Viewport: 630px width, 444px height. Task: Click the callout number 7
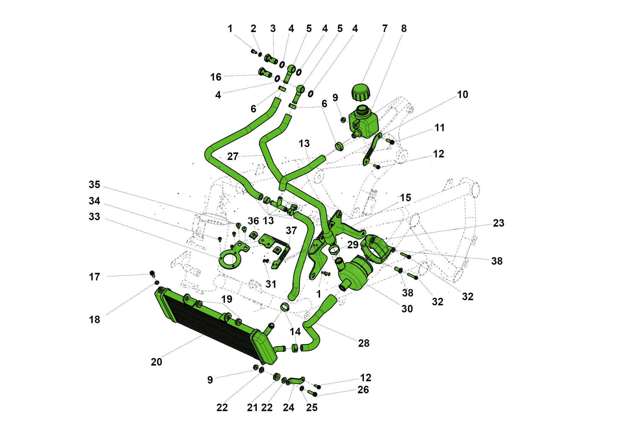pos(385,29)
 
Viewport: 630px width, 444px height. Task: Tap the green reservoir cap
pos(360,92)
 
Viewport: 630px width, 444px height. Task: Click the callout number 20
pos(156,362)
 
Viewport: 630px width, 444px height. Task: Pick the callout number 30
pos(407,309)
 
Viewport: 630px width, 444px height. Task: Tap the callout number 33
pos(94,217)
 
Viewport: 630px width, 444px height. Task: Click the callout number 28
pos(364,343)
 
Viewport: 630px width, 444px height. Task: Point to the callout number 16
pos(216,77)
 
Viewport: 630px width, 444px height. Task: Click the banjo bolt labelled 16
pos(265,72)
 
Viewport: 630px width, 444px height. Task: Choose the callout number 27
pos(233,156)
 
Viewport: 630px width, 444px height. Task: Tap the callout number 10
pos(462,94)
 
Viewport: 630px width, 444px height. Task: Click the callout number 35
pos(94,185)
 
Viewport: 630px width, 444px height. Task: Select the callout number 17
pos(94,277)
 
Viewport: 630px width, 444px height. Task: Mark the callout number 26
pos(363,390)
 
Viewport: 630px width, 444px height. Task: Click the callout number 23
pos(498,223)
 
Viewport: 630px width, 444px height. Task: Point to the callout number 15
pos(405,197)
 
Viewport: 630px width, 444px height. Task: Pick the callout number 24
pos(288,407)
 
